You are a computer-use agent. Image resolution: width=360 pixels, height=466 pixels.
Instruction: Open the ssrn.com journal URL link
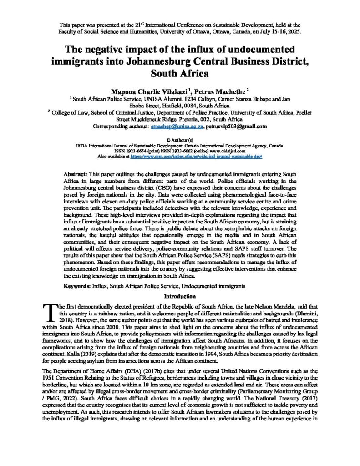click(196, 156)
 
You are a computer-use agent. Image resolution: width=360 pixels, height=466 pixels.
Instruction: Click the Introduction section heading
click(180, 297)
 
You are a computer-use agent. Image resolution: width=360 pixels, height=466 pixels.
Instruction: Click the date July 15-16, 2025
click(278, 32)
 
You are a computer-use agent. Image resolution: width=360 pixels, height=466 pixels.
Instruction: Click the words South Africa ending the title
click(180, 73)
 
